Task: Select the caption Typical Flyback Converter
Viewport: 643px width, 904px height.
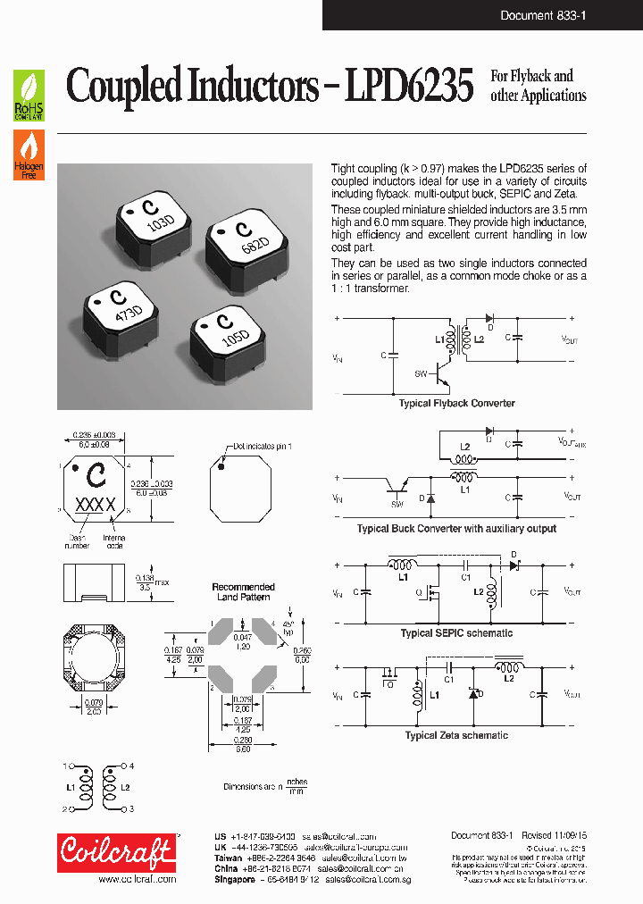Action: click(456, 404)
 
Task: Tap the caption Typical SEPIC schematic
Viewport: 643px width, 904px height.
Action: click(456, 633)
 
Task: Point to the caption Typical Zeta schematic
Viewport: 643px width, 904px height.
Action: click(456, 735)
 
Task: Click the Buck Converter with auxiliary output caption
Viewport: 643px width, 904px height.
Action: click(456, 529)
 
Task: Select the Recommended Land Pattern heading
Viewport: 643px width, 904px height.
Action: click(243, 591)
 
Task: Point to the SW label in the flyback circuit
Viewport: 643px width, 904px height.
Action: click(420, 372)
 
